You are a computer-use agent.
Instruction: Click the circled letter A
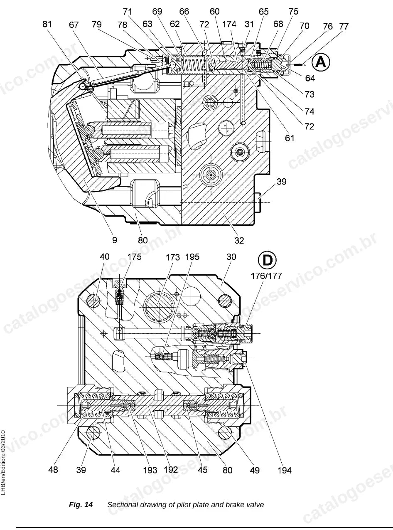(321, 62)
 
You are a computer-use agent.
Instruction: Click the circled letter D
(267, 260)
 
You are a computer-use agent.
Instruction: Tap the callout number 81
(47, 24)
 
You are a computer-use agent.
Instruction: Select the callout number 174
(229, 24)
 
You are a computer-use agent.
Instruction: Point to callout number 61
(290, 138)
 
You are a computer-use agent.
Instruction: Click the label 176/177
(266, 276)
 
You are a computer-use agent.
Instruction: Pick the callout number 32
(239, 241)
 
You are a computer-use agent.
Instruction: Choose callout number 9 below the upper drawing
(115, 240)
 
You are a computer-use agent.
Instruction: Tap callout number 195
(192, 257)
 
